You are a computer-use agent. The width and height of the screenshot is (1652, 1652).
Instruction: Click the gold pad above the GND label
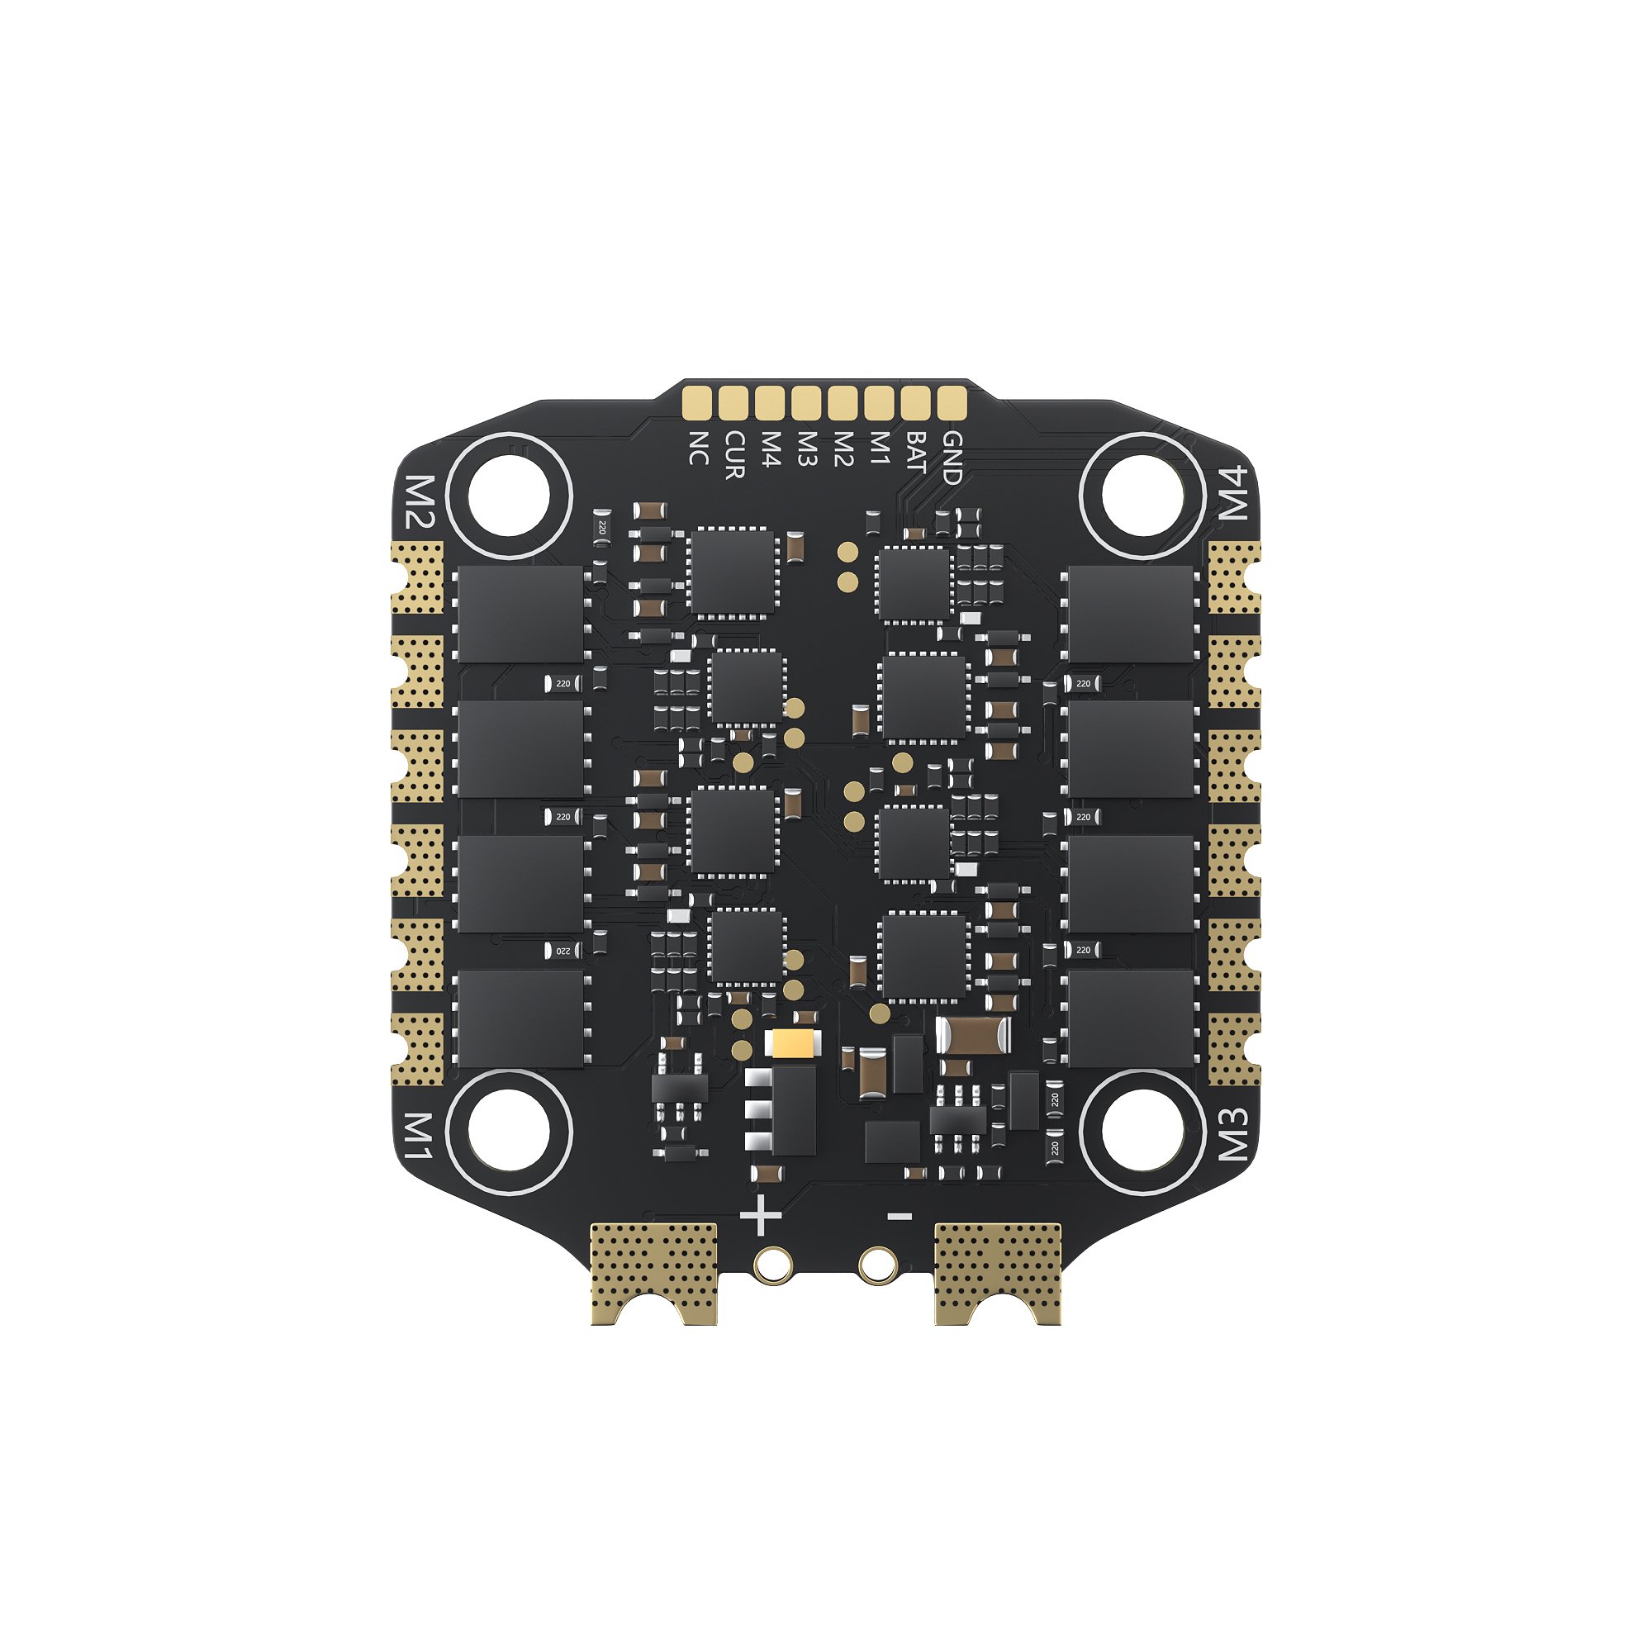pos(952,402)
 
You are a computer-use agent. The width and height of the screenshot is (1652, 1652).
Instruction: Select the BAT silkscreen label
pos(916,453)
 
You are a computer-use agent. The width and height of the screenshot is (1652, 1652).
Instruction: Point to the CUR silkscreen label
pos(734,455)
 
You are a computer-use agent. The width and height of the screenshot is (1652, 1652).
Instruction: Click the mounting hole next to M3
pos(1142,1132)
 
